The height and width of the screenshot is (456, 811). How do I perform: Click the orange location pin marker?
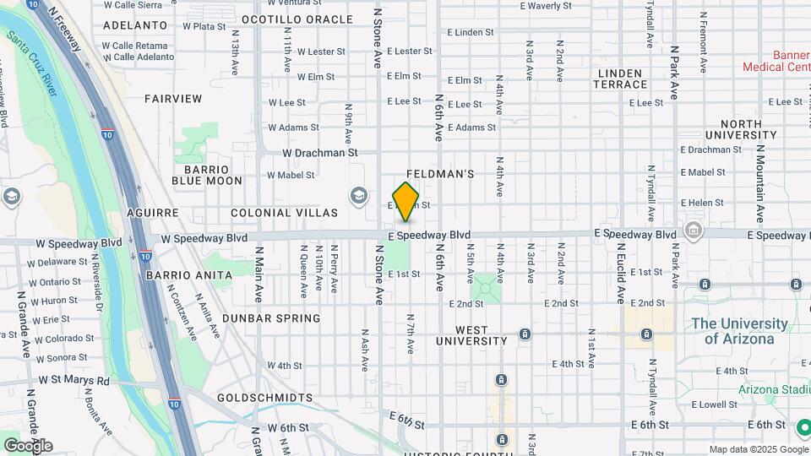[x=406, y=201]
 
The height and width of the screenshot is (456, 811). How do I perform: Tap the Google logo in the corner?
[x=28, y=446]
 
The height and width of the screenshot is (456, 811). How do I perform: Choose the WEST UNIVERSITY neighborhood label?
[x=471, y=335]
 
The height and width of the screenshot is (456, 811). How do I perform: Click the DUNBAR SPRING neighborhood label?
[x=271, y=318]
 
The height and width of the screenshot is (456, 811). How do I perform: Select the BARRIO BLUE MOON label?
[x=207, y=175]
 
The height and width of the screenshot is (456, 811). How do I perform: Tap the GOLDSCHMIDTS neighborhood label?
[x=264, y=397]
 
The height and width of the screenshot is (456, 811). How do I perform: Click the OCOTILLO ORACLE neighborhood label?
[x=297, y=19]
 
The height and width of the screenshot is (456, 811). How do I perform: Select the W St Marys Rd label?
[x=74, y=381]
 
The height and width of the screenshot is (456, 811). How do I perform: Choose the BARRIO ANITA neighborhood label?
[x=188, y=274]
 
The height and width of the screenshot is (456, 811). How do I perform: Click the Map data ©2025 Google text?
[x=758, y=449]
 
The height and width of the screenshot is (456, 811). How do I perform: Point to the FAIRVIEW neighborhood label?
[x=173, y=99]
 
